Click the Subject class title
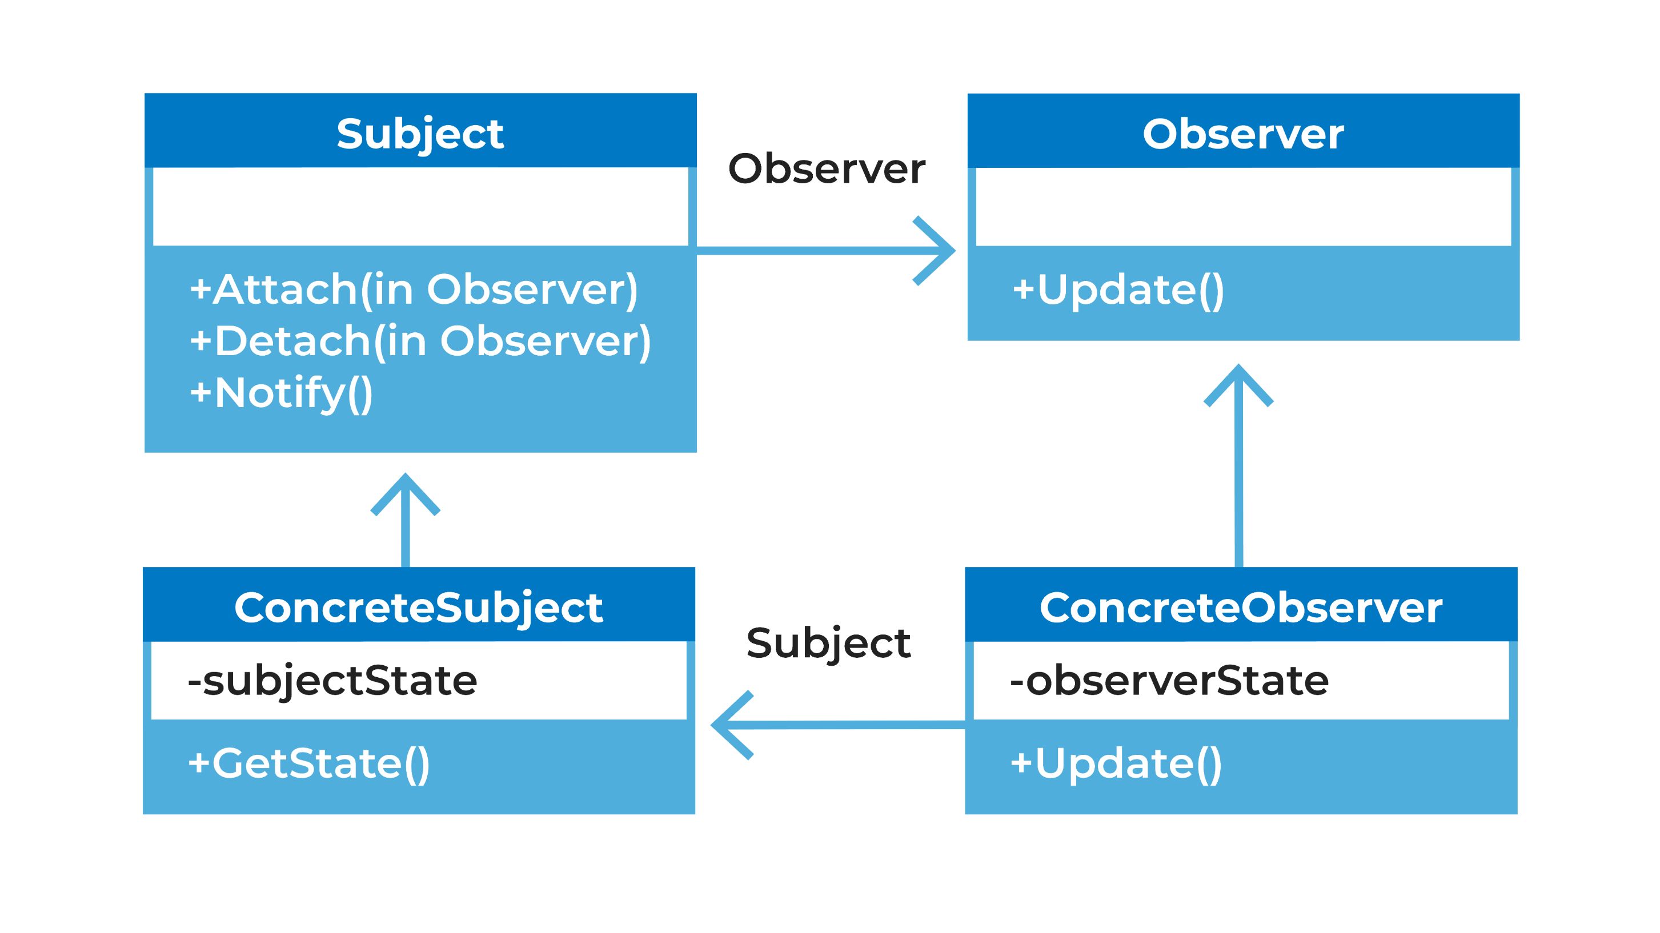tap(420, 135)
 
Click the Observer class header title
tap(1243, 135)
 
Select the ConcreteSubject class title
tap(419, 608)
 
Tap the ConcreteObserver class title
tap(1241, 608)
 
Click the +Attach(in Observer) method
tap(414, 290)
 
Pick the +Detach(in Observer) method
tap(420, 341)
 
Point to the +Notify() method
tap(282, 393)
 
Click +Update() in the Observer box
tap(1118, 290)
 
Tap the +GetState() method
tap(308, 763)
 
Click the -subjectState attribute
tap(332, 682)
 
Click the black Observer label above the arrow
tap(827, 169)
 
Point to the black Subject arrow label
tap(829, 644)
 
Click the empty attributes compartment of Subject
tap(421, 206)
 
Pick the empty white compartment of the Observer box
tap(1244, 206)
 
